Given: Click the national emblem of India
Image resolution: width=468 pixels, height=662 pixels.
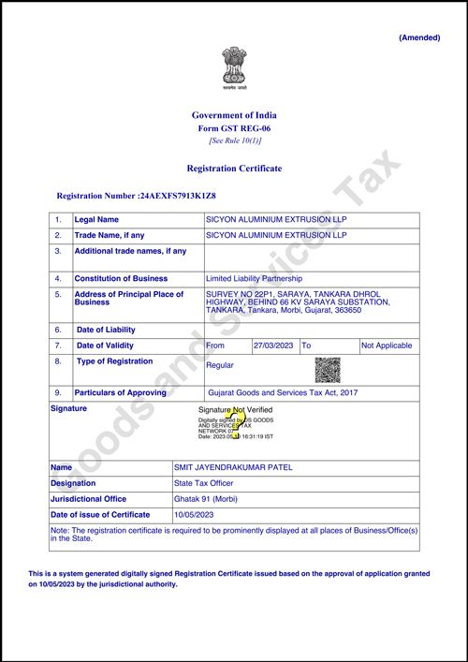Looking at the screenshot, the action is coord(234,67).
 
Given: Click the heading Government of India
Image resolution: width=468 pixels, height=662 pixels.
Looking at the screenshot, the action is coord(234,115).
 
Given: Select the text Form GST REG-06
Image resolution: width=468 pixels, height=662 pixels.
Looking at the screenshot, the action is coord(234,127).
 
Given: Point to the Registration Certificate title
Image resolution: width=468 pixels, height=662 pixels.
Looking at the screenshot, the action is coord(234,169).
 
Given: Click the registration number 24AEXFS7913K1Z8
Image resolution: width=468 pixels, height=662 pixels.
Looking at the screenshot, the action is coord(177,196).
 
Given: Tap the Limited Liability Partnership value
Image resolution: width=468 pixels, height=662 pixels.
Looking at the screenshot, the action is coord(254,278).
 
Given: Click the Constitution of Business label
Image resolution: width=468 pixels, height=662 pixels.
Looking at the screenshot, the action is coord(121,278).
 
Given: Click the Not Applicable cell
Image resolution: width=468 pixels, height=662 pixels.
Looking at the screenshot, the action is coord(387,346).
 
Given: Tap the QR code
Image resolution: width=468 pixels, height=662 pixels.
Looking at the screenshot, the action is coord(327,369).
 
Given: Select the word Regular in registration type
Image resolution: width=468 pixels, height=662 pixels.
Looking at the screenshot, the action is coord(220,365).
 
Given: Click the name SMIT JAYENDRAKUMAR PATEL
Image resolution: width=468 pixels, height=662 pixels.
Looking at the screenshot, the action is coord(228,466).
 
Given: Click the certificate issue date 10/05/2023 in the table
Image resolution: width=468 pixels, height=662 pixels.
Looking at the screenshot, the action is coord(195,515).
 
